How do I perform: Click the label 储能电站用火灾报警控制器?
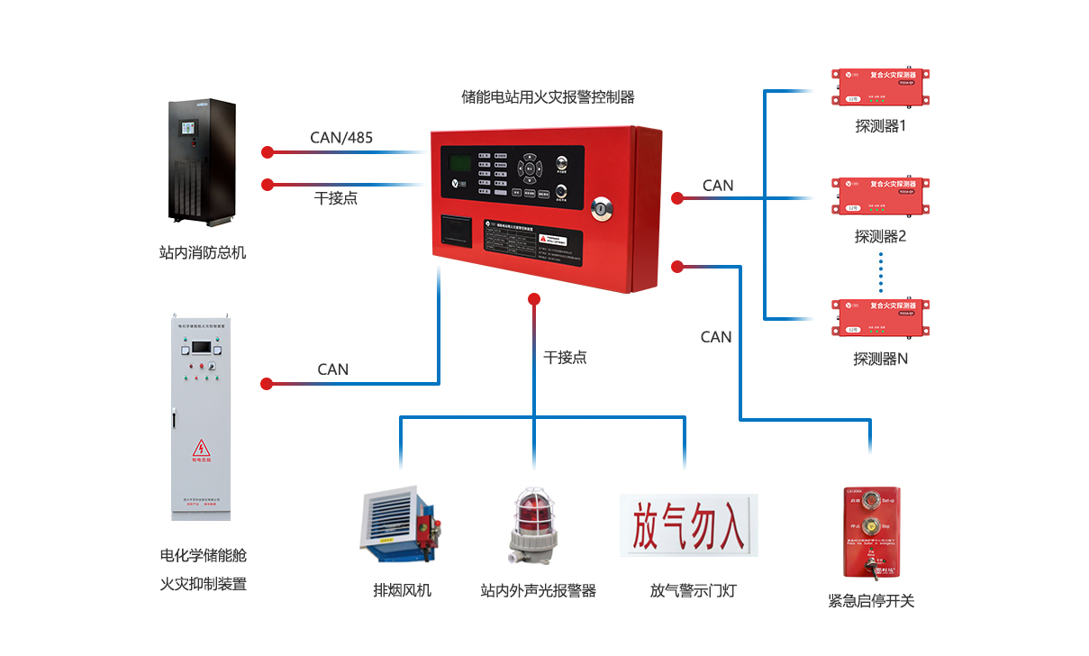tap(548, 96)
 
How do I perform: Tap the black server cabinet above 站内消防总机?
tap(203, 162)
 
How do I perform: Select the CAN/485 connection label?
tap(341, 137)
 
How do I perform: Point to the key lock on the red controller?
tap(600, 209)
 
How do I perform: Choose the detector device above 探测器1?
tap(880, 87)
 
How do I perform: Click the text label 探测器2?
tap(880, 237)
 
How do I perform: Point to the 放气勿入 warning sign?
tap(689, 524)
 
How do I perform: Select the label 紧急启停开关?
tap(871, 600)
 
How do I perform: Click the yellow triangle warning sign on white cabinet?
tap(200, 448)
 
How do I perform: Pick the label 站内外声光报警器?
tap(538, 591)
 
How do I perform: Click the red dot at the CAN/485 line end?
tap(268, 151)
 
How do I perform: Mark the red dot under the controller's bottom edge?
tap(534, 298)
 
